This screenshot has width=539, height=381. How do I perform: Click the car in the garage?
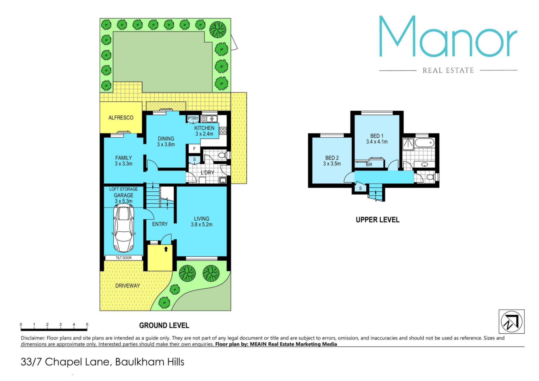(124, 228)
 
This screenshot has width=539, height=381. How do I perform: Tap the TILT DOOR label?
(124, 258)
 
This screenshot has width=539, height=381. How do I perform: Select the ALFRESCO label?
(121, 118)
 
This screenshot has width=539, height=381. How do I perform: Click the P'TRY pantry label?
(193, 118)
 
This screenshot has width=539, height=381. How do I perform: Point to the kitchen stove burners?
(223, 131)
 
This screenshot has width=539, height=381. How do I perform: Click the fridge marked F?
(194, 149)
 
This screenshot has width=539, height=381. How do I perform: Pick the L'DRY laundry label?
(207, 173)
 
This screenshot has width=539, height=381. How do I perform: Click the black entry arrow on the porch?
(166, 249)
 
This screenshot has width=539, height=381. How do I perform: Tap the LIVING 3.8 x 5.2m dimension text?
(202, 225)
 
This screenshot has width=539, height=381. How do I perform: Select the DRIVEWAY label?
(127, 286)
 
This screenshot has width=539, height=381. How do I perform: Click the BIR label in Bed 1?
(369, 165)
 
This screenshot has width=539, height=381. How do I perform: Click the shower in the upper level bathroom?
(408, 144)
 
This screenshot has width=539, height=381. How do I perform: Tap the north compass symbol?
(511, 322)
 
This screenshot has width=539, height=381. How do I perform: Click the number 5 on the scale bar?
(87, 325)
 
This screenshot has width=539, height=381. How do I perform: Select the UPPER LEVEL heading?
(378, 220)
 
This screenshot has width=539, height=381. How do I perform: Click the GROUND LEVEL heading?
(164, 325)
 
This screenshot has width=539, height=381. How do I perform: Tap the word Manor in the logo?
(448, 36)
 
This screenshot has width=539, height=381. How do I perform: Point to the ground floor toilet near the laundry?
(224, 155)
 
